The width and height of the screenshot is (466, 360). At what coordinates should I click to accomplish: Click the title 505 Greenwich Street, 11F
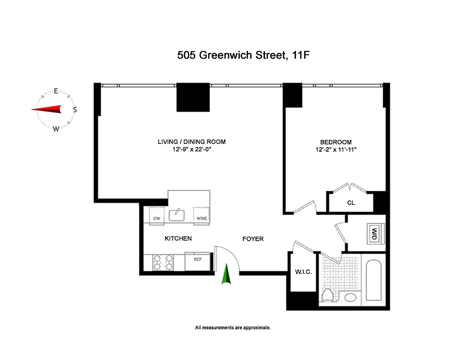point(244,55)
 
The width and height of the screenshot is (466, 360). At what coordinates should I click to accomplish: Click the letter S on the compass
point(75,109)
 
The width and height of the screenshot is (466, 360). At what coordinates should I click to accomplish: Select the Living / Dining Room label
point(192,142)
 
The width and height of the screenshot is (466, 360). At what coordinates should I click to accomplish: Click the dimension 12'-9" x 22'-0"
point(192,149)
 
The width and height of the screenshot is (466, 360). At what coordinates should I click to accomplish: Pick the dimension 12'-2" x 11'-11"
point(336,149)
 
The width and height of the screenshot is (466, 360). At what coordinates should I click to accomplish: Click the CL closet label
point(351,203)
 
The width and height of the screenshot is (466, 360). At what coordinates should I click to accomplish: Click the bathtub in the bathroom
point(374,280)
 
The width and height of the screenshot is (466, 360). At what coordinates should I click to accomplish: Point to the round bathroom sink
point(350,297)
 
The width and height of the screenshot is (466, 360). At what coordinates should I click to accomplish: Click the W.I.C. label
point(303,272)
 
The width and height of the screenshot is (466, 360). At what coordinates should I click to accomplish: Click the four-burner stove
point(164,262)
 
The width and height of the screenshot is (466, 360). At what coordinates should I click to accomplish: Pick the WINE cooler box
point(201,215)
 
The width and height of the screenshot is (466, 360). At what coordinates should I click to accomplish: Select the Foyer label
point(253,239)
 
